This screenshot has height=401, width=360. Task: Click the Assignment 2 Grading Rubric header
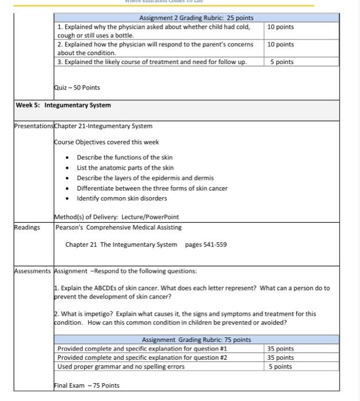coord(196,18)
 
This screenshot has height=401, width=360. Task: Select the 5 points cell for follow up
coord(281,62)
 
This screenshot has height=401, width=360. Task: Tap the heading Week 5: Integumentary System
coord(63,105)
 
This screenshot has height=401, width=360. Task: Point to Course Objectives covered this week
coord(107,142)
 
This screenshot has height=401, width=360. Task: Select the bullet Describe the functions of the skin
coord(124,158)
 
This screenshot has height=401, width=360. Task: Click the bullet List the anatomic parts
coord(125,168)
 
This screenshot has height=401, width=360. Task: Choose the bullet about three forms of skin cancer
coord(152,188)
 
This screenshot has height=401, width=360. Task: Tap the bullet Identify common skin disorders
coord(122,198)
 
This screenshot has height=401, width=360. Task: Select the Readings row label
coord(28,227)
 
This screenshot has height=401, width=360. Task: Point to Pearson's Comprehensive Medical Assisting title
coord(119,227)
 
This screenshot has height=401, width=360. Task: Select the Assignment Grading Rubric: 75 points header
coord(196,340)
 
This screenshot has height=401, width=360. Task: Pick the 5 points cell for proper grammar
coord(280,367)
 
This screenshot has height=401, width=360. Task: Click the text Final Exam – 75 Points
coord(87,386)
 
